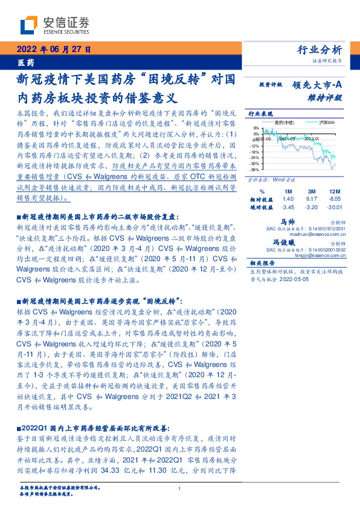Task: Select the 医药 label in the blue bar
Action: point(25,62)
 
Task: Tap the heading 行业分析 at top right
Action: point(320,50)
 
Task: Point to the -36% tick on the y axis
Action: point(256,169)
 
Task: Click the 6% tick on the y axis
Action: point(257,128)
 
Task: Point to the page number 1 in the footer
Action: point(180,488)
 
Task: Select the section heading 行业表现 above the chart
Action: point(262,114)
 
